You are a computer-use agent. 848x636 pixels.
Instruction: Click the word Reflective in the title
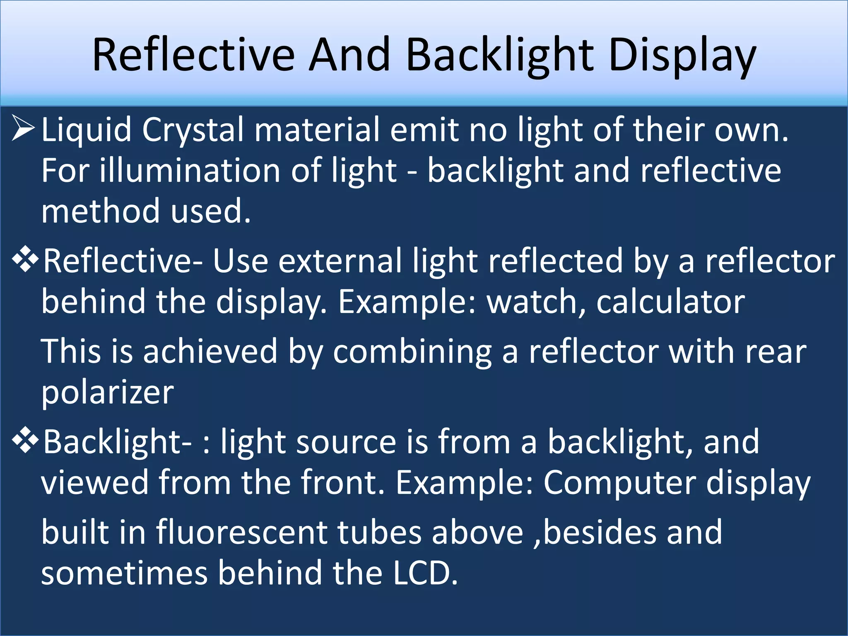[193, 55]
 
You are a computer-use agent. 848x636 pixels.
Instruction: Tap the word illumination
[190, 171]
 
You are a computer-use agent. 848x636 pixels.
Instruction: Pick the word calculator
[670, 302]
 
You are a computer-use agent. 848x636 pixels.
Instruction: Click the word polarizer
[107, 393]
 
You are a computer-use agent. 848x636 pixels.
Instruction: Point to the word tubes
[379, 532]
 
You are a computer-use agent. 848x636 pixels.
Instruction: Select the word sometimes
[124, 573]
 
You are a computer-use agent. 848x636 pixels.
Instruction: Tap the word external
[340, 261]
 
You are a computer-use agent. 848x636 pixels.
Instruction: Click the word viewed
[94, 483]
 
